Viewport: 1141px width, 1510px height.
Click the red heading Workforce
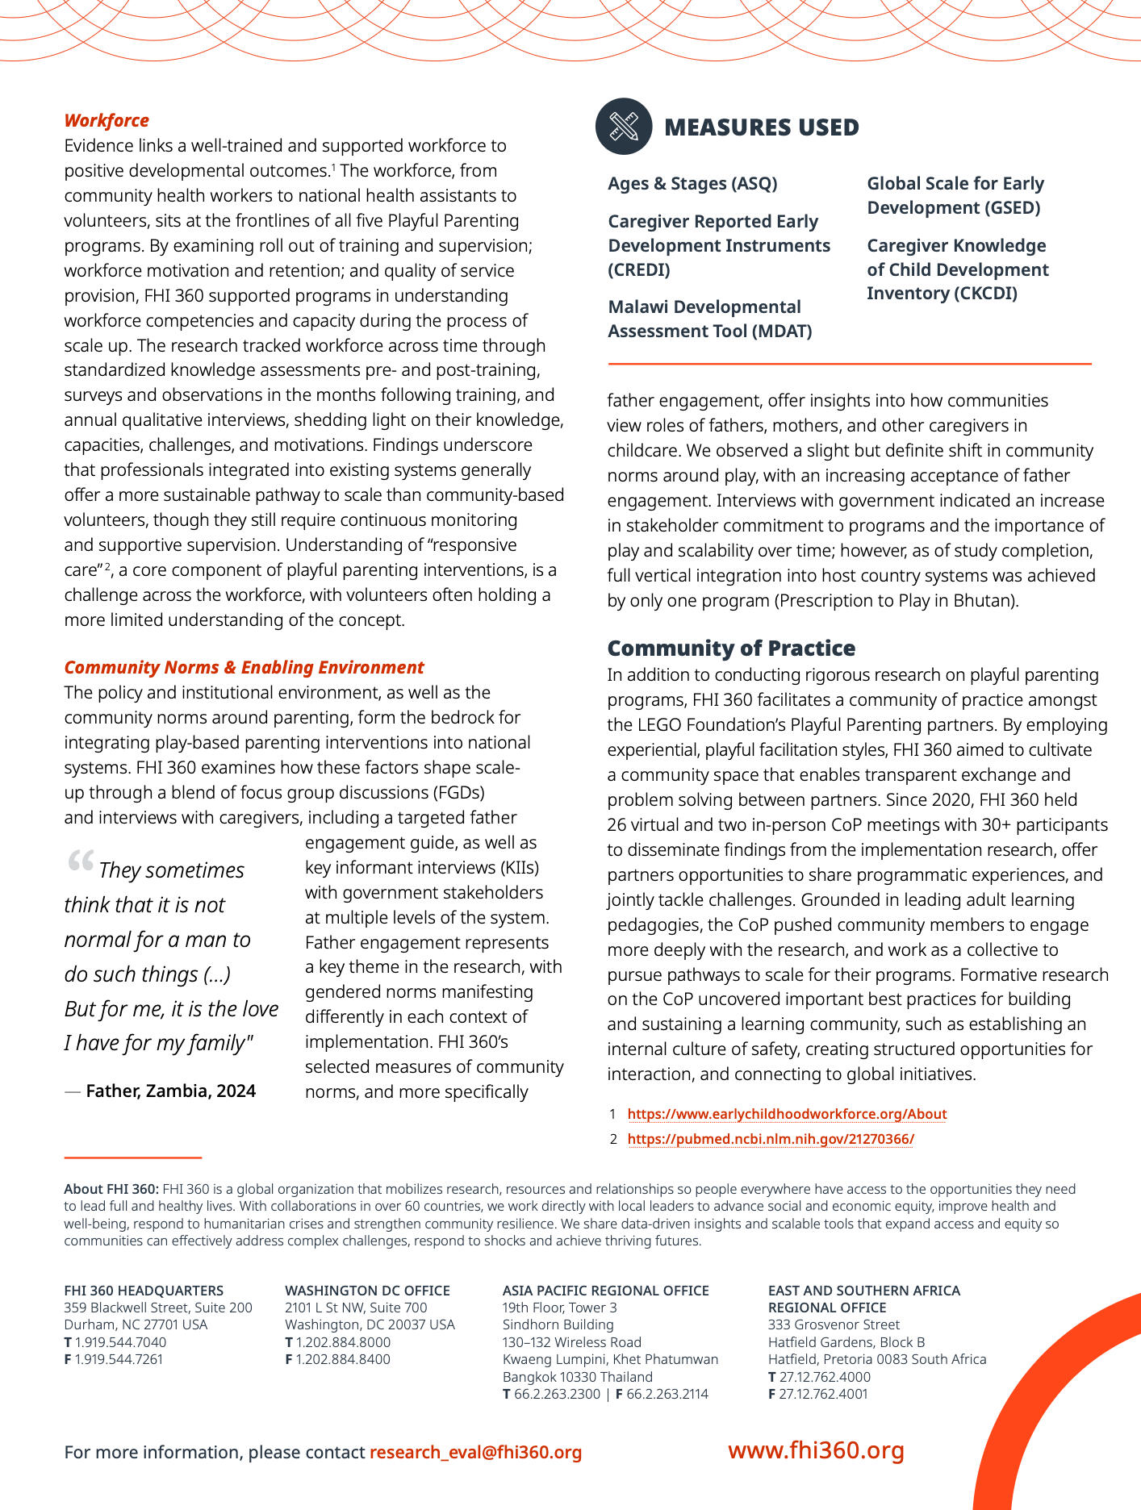pyautogui.click(x=107, y=121)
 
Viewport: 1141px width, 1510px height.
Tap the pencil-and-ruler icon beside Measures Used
pyautogui.click(x=624, y=127)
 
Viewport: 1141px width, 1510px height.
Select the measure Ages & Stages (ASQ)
pyautogui.click(x=692, y=184)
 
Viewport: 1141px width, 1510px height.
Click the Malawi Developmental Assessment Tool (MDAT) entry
pyautogui.click(x=709, y=319)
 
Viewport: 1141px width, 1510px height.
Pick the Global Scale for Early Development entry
pyautogui.click(x=955, y=196)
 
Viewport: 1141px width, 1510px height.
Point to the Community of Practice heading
pyautogui.click(x=731, y=649)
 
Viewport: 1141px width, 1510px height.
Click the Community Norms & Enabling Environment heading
pyautogui.click(x=244, y=668)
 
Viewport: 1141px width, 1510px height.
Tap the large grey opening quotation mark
pyautogui.click(x=81, y=862)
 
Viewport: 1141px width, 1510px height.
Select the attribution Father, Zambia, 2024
pyautogui.click(x=170, y=1091)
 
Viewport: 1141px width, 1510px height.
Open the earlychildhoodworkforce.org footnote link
pyautogui.click(x=787, y=1114)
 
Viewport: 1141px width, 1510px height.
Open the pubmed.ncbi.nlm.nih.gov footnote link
pyautogui.click(x=771, y=1139)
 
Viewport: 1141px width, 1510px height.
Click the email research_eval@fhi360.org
pyautogui.click(x=475, y=1453)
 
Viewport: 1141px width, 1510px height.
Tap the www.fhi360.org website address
pyautogui.click(x=816, y=1450)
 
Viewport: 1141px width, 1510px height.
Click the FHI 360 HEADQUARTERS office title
pyautogui.click(x=144, y=1291)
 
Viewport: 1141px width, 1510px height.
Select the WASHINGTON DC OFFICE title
pyautogui.click(x=367, y=1291)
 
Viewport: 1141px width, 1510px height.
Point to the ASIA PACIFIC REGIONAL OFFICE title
pyautogui.click(x=605, y=1291)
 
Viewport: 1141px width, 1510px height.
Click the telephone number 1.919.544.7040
pyautogui.click(x=120, y=1342)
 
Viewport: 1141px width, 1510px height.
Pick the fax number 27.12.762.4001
pyautogui.click(x=824, y=1394)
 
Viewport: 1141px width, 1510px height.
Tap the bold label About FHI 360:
pyautogui.click(x=111, y=1189)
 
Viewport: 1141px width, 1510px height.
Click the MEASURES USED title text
pyautogui.click(x=761, y=127)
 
